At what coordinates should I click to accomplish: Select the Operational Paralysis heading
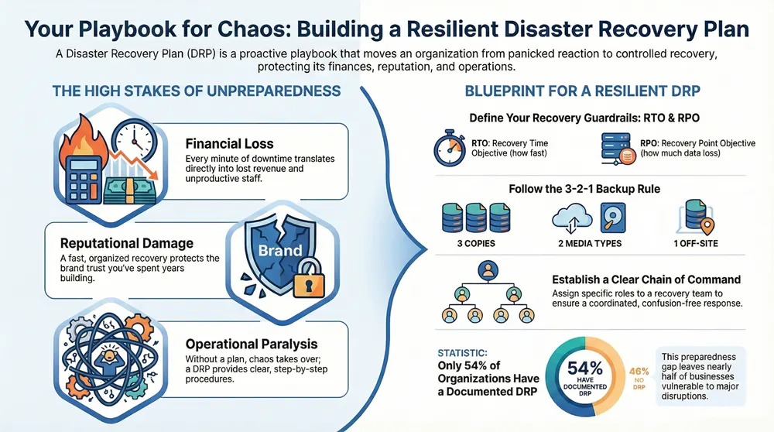point(252,344)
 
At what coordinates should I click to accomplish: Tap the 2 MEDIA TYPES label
point(587,244)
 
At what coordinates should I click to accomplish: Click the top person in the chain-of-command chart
point(488,269)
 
